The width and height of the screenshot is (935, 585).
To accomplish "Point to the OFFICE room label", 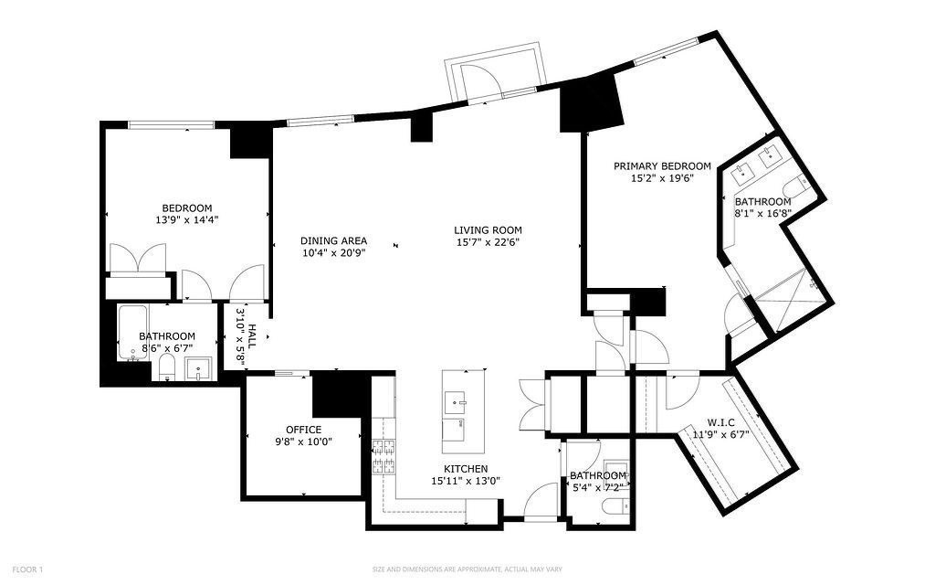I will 303,429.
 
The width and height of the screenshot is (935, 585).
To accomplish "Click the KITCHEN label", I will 465,469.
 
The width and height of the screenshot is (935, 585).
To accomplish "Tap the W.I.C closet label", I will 721,422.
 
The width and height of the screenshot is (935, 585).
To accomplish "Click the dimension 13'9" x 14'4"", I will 187,219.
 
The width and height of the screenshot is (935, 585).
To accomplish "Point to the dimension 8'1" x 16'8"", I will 762,213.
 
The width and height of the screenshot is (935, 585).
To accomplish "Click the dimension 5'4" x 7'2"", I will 598,487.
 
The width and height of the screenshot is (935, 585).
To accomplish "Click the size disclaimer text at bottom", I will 465,569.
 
